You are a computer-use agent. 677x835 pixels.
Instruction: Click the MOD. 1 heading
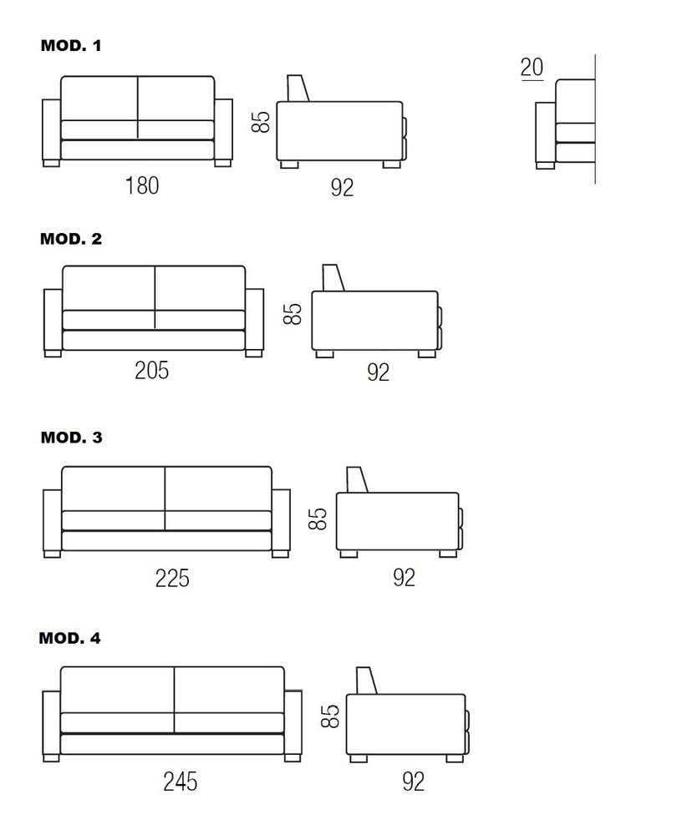71,46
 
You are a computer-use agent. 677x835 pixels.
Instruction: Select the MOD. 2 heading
71,239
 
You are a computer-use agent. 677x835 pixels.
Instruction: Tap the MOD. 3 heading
71,438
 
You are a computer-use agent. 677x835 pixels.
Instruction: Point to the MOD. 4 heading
70,638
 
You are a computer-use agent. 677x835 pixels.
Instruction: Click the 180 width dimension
142,186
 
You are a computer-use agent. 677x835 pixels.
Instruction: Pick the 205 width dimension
152,371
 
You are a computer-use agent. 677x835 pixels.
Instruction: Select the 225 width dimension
172,579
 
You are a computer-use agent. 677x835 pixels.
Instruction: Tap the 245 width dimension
181,782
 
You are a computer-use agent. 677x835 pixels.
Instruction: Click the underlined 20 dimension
532,68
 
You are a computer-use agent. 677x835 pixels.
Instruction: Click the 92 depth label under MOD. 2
378,372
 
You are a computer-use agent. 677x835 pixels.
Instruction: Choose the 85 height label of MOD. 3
318,519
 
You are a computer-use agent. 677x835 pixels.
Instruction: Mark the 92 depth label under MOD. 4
413,782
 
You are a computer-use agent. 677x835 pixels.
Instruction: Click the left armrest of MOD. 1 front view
51,130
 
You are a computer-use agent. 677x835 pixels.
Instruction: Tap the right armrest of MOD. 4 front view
293,723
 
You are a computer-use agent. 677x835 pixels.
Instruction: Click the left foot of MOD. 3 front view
52,554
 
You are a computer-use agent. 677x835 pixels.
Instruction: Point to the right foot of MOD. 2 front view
254,353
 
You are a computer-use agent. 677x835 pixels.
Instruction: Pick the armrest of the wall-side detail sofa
545,133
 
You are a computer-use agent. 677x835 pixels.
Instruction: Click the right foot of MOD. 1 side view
392,164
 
